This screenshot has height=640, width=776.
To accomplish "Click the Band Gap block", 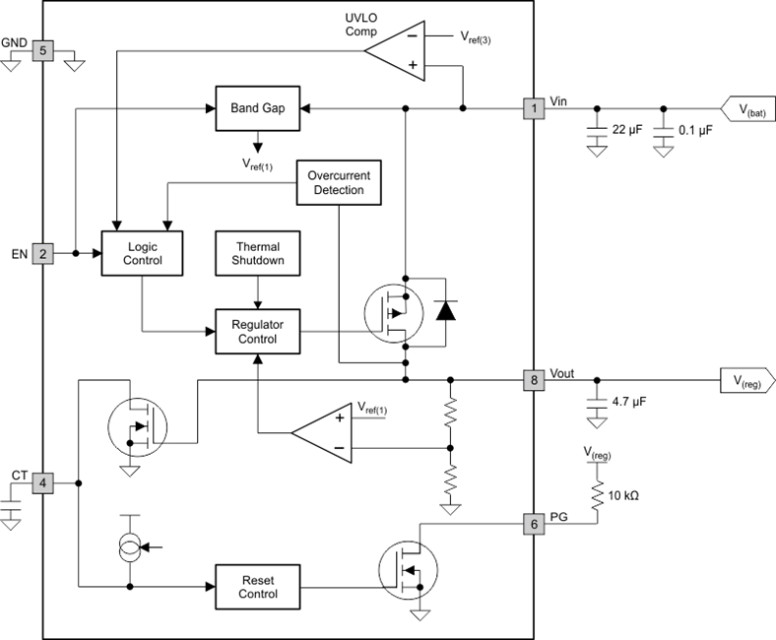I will (258, 107).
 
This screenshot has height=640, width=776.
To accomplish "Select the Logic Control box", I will (144, 253).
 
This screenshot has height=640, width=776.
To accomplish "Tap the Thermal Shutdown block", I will (258, 253).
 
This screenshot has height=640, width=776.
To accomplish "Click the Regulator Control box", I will (258, 331).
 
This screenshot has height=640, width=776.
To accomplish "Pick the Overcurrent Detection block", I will (338, 182).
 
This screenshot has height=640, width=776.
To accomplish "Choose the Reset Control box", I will (258, 586).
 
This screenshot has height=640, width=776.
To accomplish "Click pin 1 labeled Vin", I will (533, 107).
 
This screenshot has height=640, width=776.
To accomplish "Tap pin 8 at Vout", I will (533, 378).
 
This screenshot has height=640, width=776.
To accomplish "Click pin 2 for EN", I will (42, 253).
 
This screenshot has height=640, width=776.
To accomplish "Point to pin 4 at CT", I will (42, 483).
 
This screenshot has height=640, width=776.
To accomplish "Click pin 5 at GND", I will (42, 48).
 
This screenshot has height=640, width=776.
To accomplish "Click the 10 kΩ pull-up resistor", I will (596, 494).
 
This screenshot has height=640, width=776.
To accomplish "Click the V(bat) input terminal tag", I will (748, 107).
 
